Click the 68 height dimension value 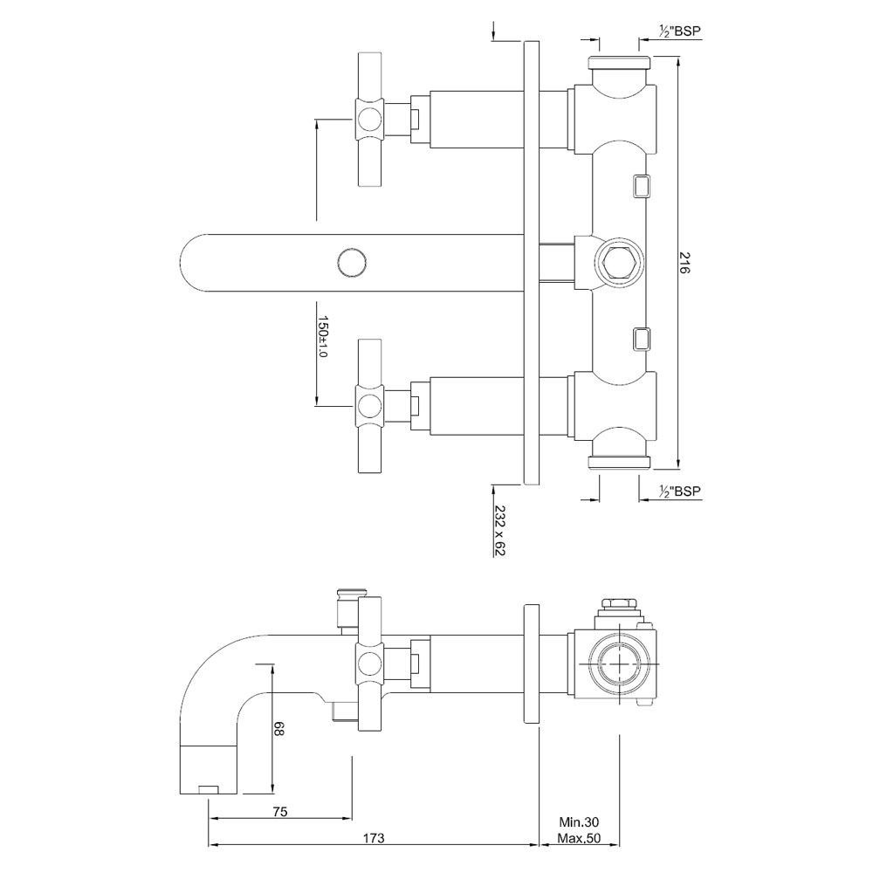pyautogui.click(x=279, y=729)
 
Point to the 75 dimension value pyautogui.click(x=279, y=812)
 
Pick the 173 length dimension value pyautogui.click(x=373, y=839)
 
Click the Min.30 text pyautogui.click(x=579, y=822)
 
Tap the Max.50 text pyautogui.click(x=579, y=840)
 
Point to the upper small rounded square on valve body pyautogui.click(x=640, y=185)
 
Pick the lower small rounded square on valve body pyautogui.click(x=640, y=338)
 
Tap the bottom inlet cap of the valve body pyautogui.click(x=619, y=463)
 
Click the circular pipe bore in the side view pyautogui.click(x=619, y=661)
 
